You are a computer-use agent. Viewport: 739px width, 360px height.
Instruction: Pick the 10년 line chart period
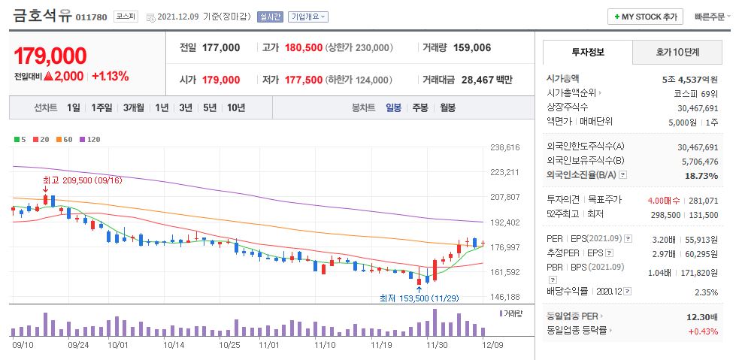tap(235, 107)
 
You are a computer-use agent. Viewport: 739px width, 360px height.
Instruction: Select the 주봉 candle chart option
tap(419, 107)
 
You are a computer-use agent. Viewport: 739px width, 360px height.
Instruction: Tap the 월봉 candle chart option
tap(447, 107)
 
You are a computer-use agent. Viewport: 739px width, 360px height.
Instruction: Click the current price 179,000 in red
tap(50, 56)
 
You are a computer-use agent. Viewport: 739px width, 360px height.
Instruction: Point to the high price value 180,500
tap(304, 47)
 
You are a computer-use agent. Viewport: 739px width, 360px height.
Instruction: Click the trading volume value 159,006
tap(473, 47)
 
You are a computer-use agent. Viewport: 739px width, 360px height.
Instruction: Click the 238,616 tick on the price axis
tap(504, 147)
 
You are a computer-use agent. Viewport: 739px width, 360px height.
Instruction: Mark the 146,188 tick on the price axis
tap(504, 297)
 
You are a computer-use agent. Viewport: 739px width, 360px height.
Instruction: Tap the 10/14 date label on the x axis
tap(174, 345)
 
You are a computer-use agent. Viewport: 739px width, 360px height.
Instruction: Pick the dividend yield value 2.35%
tap(704, 292)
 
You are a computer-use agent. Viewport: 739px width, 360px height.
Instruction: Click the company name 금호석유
tap(42, 16)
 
